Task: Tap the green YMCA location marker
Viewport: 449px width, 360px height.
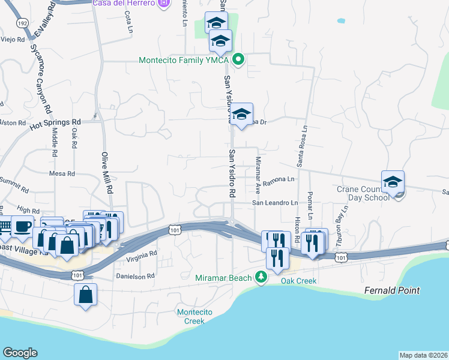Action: (x=238, y=59)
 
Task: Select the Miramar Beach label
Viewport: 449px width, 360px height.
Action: (x=224, y=277)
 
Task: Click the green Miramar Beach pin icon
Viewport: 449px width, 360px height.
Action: (x=261, y=277)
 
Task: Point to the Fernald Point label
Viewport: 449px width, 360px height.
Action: (x=392, y=290)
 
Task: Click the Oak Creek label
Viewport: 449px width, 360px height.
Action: (x=298, y=281)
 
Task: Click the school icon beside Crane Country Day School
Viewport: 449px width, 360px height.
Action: (x=393, y=181)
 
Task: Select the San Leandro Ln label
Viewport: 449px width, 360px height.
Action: (x=274, y=203)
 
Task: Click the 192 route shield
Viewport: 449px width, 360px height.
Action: (x=23, y=23)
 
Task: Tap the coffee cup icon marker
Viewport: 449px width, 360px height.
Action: (x=23, y=227)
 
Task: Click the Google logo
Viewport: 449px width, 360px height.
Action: (x=20, y=352)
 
